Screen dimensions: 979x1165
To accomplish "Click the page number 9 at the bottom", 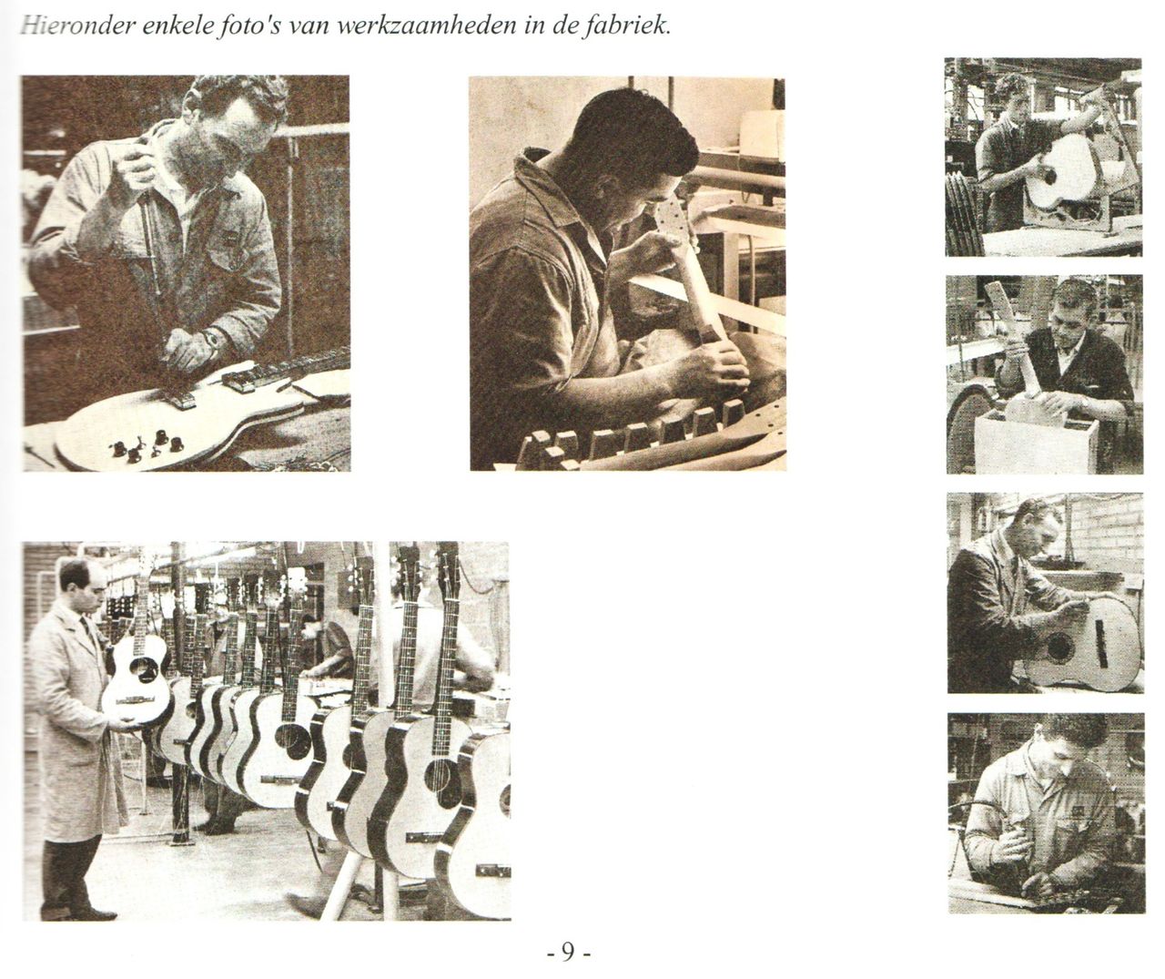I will [568, 953].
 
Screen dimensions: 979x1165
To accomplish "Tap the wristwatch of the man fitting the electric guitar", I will [212, 340].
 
